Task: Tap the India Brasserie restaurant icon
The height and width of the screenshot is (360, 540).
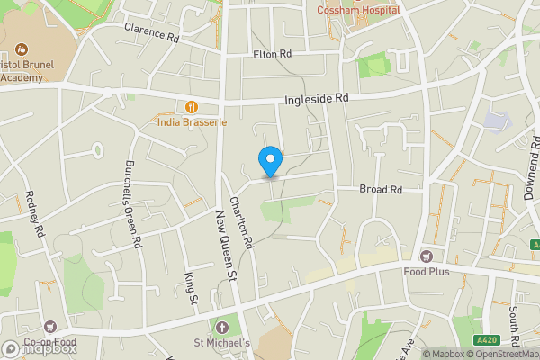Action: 192,106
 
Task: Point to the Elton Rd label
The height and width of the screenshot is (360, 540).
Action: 273,55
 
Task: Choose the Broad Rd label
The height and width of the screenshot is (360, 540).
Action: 380,190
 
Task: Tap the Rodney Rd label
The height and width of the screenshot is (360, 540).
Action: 34,214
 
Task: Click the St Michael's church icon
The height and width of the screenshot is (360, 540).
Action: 222,327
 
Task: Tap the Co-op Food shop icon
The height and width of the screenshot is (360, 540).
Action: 50,327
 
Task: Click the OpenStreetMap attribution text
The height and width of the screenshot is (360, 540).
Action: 502,354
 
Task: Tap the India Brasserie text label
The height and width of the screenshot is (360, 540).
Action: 192,121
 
